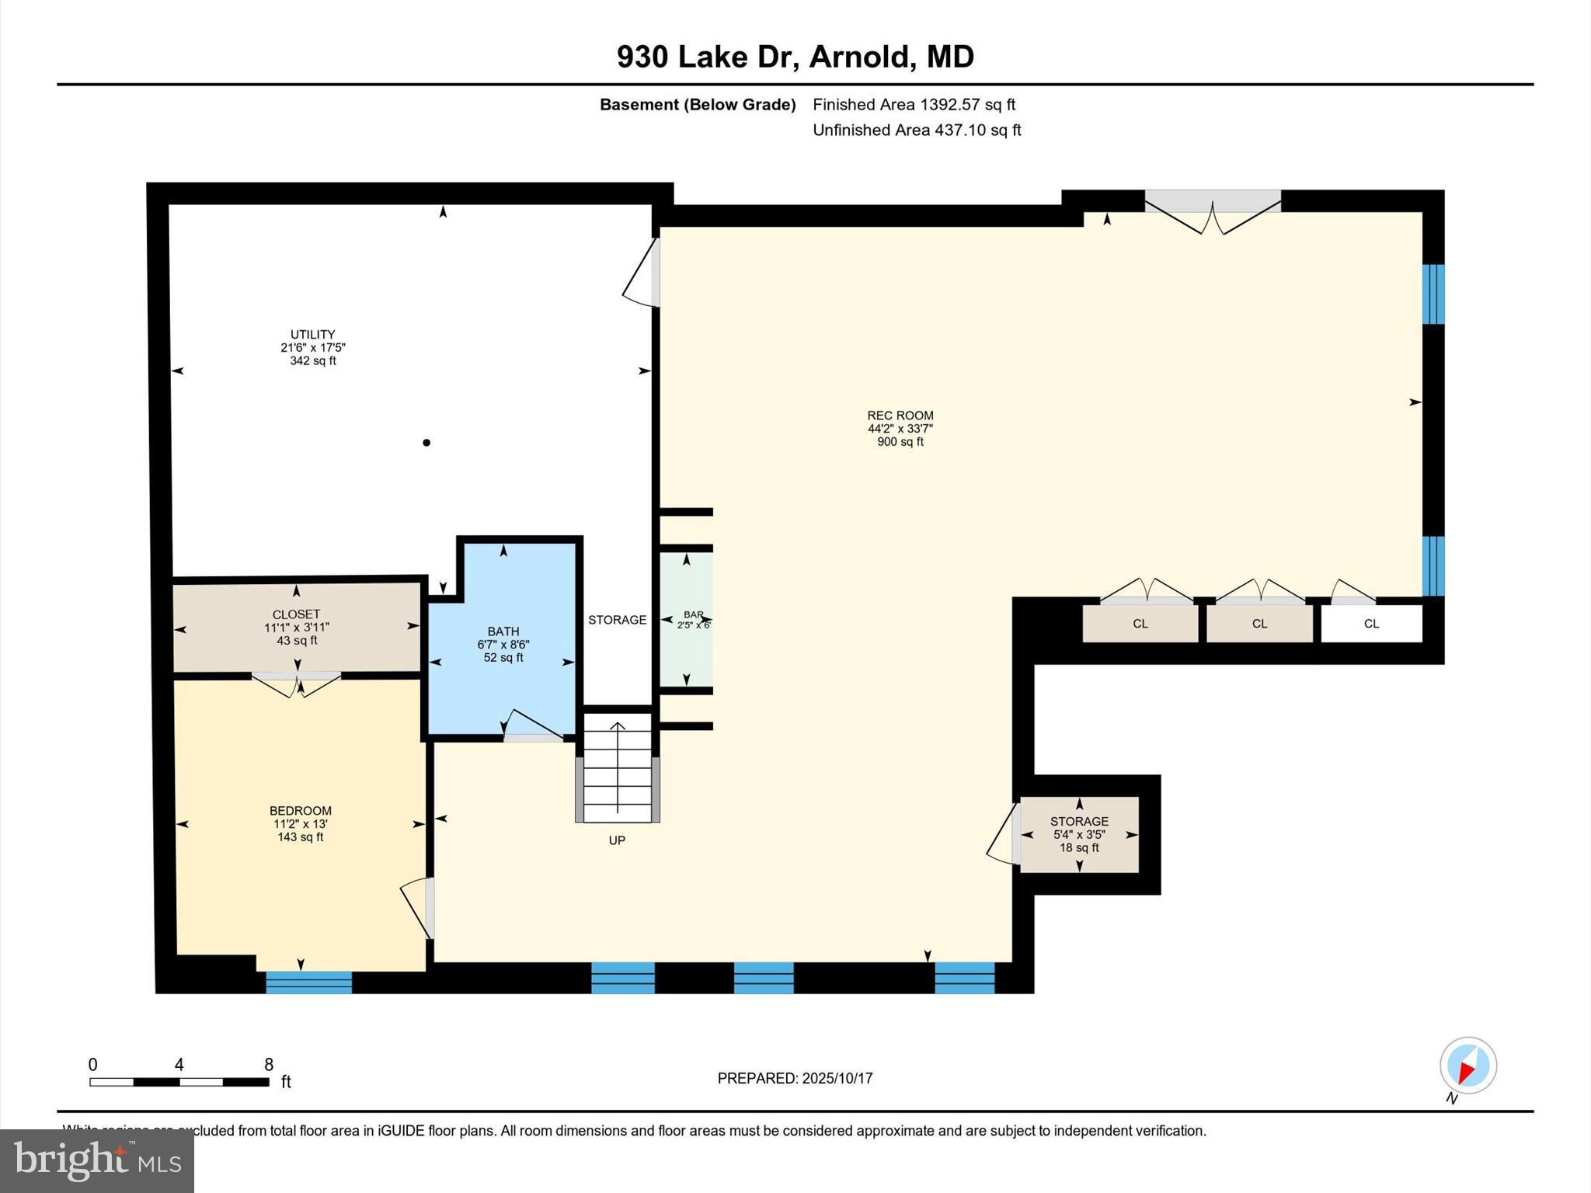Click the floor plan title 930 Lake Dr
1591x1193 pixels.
[795, 57]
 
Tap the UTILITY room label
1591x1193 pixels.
[312, 335]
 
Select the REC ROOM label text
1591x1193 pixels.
[900, 416]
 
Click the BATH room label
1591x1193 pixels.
[503, 631]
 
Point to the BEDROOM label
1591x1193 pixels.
[300, 811]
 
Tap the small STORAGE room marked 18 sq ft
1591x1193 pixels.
[1078, 834]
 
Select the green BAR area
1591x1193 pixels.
[686, 619]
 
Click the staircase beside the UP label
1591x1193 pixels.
[617, 769]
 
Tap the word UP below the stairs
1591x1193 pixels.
[617, 840]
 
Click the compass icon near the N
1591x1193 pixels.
[1467, 1066]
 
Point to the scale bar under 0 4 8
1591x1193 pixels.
[179, 1082]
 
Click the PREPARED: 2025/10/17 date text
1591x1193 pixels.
[795, 1078]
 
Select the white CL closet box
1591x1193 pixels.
[1371, 624]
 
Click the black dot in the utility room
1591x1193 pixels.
[426, 443]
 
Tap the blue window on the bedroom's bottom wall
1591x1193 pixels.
[308, 983]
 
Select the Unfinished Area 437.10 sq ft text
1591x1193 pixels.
[917, 130]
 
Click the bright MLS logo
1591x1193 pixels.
[97, 1161]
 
